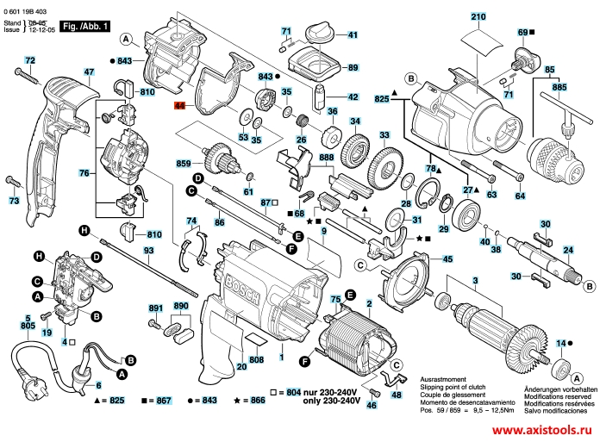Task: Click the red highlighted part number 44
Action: coord(179,106)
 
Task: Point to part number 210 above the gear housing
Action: coord(478,16)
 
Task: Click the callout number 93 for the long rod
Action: coord(148,250)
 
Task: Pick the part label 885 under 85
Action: coord(560,87)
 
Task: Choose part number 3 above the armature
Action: coord(473,281)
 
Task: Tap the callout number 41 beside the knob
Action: coord(353,35)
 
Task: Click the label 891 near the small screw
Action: coord(155,308)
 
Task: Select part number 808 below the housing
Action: coord(256,358)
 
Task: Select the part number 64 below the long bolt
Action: coord(520,196)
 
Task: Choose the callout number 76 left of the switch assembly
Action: coord(84,174)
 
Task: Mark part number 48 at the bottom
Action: coord(396,395)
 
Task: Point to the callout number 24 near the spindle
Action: coord(568,251)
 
